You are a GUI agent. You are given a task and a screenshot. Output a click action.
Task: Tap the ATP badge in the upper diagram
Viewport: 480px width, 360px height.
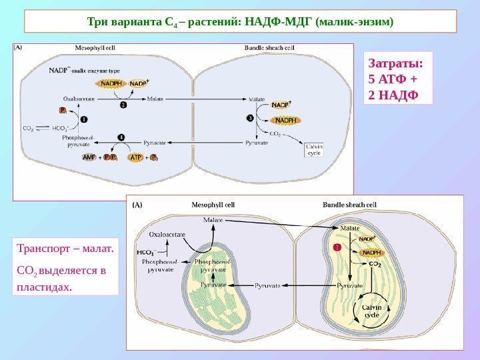click(x=135, y=157)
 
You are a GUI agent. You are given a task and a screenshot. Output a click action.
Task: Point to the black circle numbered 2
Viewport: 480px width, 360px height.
click(x=123, y=104)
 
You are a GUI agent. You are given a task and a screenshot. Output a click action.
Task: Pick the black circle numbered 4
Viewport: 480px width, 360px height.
click(x=121, y=137)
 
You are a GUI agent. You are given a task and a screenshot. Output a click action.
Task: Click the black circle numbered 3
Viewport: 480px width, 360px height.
click(x=250, y=117)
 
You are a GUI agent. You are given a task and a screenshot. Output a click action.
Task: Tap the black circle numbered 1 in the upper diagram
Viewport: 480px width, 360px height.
click(x=84, y=119)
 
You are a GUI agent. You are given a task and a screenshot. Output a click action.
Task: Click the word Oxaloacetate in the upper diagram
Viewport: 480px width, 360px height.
click(x=79, y=99)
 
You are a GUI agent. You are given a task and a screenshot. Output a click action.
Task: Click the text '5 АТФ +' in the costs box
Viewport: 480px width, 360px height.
click(x=393, y=79)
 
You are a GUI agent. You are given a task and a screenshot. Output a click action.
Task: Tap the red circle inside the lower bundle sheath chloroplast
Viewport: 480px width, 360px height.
click(x=337, y=248)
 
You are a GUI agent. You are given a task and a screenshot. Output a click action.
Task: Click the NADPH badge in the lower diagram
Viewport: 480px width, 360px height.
click(x=371, y=253)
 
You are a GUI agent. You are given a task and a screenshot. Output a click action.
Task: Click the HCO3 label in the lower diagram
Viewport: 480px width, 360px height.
click(x=145, y=253)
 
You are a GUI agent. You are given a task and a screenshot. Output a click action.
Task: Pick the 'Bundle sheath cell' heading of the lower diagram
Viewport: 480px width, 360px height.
click(x=350, y=205)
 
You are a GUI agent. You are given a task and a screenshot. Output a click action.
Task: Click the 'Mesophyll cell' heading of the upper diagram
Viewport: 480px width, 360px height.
click(x=94, y=48)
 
